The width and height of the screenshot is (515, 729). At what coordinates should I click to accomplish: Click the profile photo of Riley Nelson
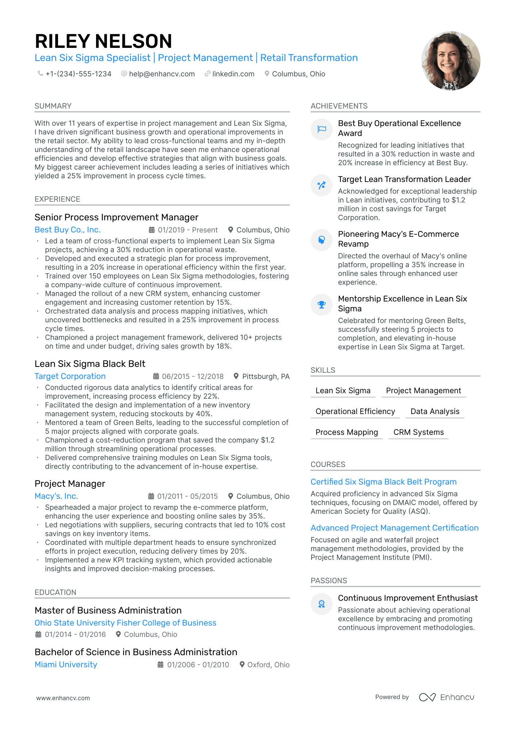[x=450, y=61]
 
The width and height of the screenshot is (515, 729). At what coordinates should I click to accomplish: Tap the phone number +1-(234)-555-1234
[x=78, y=74]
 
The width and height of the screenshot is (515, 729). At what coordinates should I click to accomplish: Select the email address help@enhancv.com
[x=162, y=74]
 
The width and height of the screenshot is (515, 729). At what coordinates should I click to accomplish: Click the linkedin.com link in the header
[x=233, y=74]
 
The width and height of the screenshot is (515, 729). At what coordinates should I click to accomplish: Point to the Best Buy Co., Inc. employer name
[x=68, y=230]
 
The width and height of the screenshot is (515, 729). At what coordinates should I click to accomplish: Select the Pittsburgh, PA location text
[x=266, y=376]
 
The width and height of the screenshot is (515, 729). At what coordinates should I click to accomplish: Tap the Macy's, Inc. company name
[x=56, y=496]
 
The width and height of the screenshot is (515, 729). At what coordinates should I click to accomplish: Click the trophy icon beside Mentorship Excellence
[x=321, y=304]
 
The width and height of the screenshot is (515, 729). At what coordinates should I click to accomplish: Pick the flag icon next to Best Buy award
[x=321, y=129]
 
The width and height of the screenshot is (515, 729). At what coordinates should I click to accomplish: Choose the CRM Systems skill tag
[x=419, y=432]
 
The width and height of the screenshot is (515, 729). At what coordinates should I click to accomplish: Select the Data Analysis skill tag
[x=435, y=411]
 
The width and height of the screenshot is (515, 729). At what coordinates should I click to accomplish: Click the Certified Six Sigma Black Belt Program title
[x=384, y=482]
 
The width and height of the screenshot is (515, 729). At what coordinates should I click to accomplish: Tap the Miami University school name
[x=66, y=665]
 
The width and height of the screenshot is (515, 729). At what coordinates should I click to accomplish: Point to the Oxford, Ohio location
[x=268, y=665]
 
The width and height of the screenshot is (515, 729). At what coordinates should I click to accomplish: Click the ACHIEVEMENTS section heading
[x=339, y=106]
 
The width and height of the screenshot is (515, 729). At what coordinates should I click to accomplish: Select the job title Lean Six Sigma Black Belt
[x=90, y=364]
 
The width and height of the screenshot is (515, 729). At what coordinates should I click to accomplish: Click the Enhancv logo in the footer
[x=447, y=697]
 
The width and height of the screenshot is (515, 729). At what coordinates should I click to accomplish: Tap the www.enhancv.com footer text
[x=63, y=698]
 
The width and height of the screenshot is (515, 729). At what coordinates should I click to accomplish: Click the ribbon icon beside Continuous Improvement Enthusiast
[x=321, y=604]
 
